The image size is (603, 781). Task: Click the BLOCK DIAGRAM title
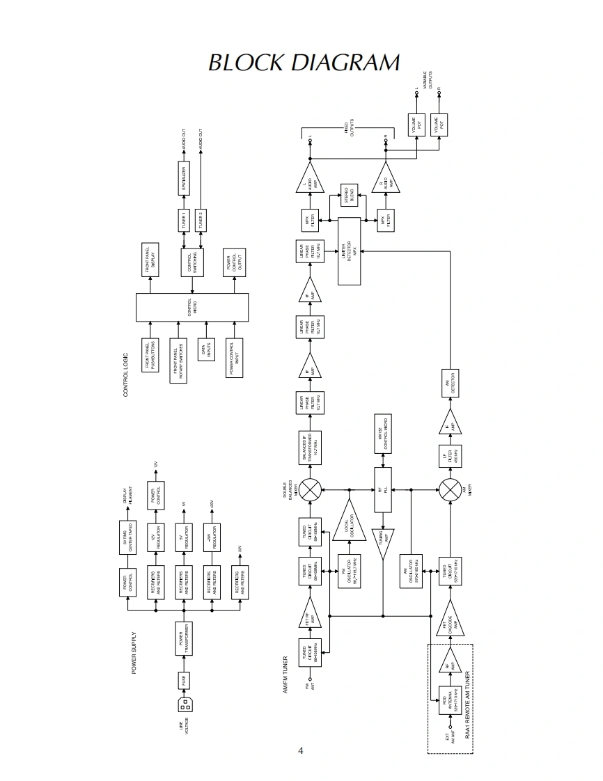[x=304, y=63]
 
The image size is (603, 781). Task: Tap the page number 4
[x=301, y=750]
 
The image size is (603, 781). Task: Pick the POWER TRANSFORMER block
[x=185, y=638]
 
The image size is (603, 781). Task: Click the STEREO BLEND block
[x=348, y=196]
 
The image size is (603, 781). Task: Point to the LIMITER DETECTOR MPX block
[x=350, y=251]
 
